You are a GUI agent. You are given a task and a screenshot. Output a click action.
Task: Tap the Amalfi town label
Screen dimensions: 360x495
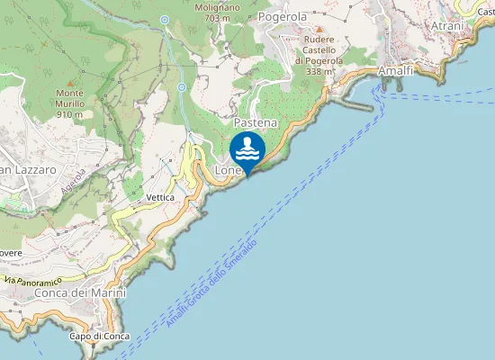click(396, 69)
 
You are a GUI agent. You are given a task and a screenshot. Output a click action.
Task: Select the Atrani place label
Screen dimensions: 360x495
click(447, 26)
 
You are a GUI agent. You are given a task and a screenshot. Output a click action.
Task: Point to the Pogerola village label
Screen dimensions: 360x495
click(282, 16)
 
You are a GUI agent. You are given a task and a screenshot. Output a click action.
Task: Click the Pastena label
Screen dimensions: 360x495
click(255, 121)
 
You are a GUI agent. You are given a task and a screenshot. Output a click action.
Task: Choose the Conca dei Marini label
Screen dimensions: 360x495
click(80, 292)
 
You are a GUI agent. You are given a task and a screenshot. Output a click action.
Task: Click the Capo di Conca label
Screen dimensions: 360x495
click(99, 337)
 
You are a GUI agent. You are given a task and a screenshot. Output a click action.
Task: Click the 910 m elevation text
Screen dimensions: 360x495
click(70, 114)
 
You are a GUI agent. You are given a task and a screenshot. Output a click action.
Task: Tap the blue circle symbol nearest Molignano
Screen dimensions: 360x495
click(165, 19)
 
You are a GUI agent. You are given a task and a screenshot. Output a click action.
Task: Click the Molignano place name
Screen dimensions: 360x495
click(213, 5)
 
